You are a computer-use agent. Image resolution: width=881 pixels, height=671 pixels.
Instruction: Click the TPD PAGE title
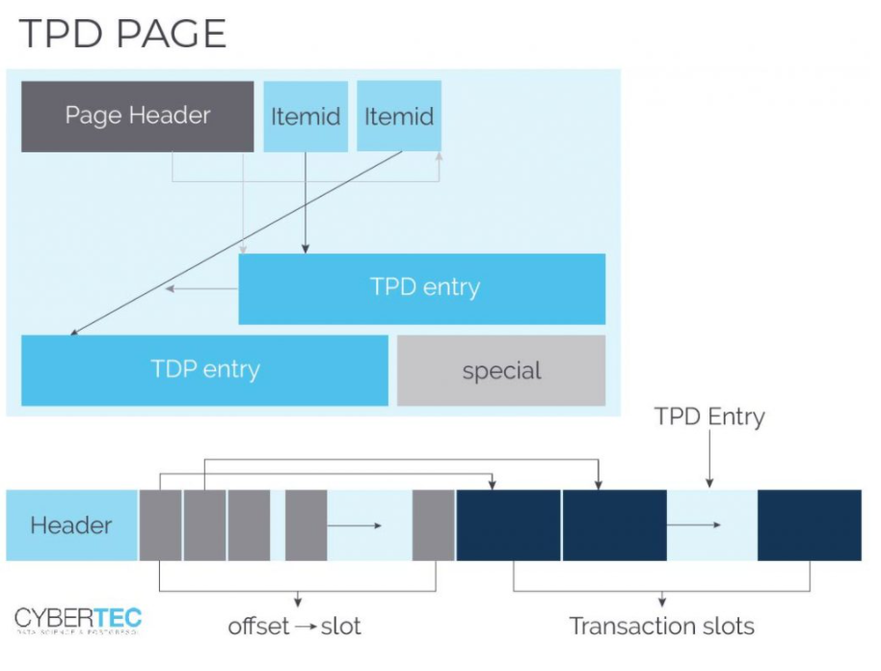pos(122,35)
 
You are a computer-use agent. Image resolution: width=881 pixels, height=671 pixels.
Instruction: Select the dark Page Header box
pos(138,117)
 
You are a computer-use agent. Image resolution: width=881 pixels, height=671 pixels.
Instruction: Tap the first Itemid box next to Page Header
pos(306,117)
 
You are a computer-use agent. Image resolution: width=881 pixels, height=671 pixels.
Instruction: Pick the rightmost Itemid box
pos(399,117)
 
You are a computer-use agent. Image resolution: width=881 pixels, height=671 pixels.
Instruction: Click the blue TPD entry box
pos(422,288)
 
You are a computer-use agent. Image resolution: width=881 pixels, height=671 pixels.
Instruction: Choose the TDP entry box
pos(204,370)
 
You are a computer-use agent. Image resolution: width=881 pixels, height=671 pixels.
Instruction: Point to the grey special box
pos(501,370)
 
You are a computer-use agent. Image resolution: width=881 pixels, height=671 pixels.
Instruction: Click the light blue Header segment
pos(71,525)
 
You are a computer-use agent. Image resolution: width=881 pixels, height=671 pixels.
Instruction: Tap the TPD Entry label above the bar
pos(708,417)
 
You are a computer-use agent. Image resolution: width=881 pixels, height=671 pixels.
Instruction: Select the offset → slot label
pos(295,626)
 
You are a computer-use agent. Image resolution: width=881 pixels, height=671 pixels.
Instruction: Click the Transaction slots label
pos(661,626)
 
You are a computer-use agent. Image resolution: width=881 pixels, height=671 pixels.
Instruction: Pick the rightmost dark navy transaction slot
pos(809,525)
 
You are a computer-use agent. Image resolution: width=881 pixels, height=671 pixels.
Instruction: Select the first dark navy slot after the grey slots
pos(508,525)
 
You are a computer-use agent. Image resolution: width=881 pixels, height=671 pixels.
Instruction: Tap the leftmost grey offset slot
pos(160,525)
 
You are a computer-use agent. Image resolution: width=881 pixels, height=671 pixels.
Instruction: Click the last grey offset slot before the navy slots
pos(433,525)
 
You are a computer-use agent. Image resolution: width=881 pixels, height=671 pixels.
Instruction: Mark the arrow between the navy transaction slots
pos(696,525)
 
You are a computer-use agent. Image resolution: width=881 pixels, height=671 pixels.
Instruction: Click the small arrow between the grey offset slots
pos(356,526)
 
